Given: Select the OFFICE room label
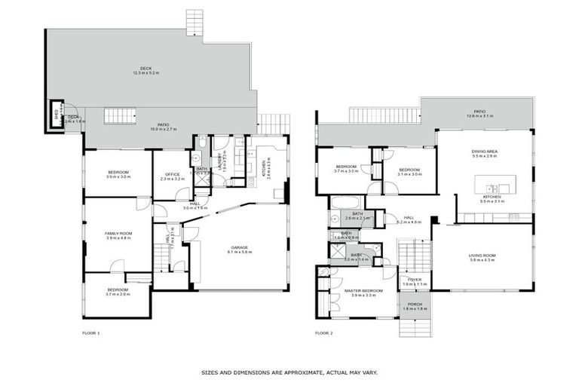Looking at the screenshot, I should click(x=173, y=175).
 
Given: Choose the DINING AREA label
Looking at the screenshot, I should click(x=485, y=151).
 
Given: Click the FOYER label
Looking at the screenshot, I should click(x=415, y=280).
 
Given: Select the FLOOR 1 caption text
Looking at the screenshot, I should click(x=90, y=332).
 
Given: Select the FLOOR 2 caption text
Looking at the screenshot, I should click(x=323, y=332).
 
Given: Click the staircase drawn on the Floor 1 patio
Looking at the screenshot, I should click(x=119, y=116).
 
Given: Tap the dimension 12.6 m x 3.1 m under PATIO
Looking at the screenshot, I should click(x=479, y=116).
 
